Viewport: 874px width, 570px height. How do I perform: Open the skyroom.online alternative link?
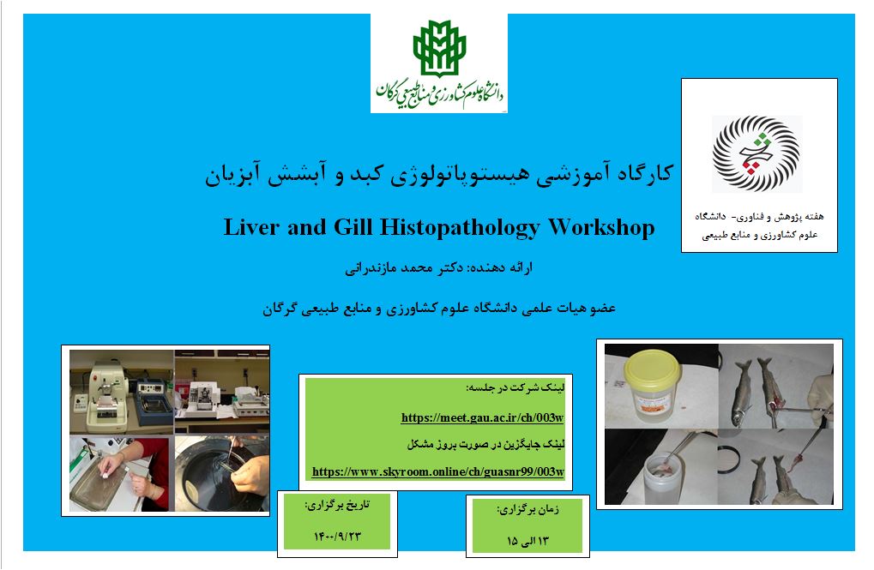click(438, 471)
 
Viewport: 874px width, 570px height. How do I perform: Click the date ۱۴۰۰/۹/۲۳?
click(337, 537)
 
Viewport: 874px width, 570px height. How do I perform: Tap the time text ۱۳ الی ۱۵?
click(527, 541)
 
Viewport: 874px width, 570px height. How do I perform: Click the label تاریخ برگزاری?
click(337, 505)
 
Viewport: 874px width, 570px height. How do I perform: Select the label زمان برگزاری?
click(527, 509)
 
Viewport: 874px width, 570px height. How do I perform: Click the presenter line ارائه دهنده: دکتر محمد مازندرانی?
click(438, 268)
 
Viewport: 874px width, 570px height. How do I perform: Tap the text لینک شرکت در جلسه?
click(515, 387)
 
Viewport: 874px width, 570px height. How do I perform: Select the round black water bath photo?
click(222, 473)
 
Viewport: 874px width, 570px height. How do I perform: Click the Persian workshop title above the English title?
click(439, 174)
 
